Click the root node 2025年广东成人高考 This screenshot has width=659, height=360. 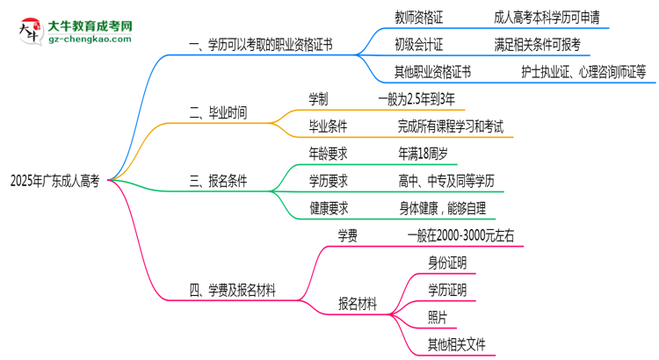[54, 182]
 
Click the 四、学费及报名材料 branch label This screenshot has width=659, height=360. [233, 291]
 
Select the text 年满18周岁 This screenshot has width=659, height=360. [423, 154]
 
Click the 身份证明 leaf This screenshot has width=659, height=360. [447, 263]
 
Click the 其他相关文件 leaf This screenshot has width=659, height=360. [456, 343]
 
